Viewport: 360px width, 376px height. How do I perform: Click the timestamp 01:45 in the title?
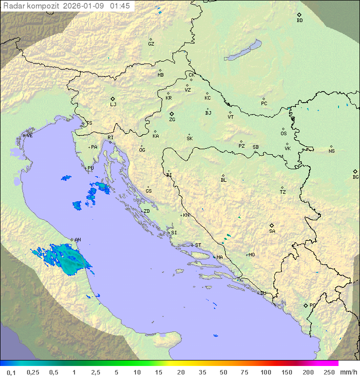click(x=120, y=6)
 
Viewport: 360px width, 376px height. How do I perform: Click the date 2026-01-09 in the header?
click(x=87, y=6)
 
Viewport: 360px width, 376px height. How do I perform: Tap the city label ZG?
click(x=172, y=120)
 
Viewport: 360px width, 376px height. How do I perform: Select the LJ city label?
click(x=113, y=104)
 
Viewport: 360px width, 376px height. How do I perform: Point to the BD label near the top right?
click(x=299, y=21)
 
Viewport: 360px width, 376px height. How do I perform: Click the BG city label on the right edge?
click(x=355, y=177)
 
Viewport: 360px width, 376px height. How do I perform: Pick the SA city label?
click(x=272, y=231)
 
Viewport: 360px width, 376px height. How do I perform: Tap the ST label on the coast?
click(x=198, y=245)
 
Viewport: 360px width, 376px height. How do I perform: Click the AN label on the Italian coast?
click(x=77, y=240)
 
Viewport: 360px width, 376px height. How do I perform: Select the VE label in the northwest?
click(x=29, y=136)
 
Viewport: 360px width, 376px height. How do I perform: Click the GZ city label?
click(x=151, y=44)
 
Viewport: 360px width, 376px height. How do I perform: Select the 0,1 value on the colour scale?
click(x=11, y=372)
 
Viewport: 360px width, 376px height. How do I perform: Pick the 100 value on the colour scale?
click(x=265, y=372)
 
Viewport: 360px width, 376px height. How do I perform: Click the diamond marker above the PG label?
click(x=305, y=305)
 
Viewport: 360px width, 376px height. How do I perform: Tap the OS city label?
click(x=283, y=134)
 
